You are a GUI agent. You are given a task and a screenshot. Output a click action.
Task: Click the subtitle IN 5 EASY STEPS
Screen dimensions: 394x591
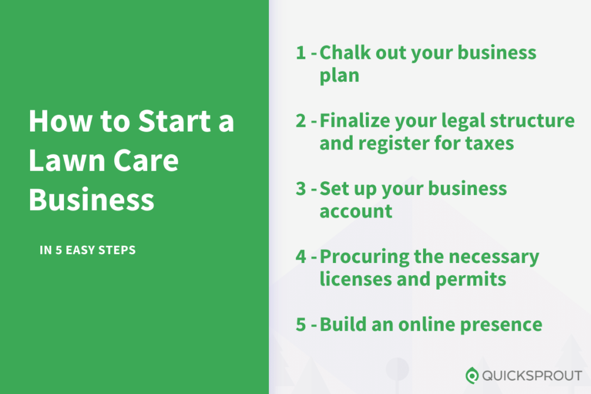click(87, 250)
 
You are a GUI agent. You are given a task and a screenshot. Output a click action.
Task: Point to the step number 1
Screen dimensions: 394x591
click(300, 53)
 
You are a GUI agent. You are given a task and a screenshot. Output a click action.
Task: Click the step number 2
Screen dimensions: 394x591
click(300, 121)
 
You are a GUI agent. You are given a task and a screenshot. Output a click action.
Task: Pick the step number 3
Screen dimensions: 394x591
click(300, 189)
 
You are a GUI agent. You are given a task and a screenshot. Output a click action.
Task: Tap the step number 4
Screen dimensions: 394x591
click(300, 257)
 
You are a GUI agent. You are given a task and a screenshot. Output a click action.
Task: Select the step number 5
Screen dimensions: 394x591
click(300, 324)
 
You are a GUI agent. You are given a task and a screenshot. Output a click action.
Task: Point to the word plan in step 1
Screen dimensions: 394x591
click(339, 76)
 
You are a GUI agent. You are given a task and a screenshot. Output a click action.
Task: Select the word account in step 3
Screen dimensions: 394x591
click(356, 211)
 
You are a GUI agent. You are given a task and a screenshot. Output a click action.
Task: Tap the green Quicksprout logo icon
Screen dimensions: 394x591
click(472, 376)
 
